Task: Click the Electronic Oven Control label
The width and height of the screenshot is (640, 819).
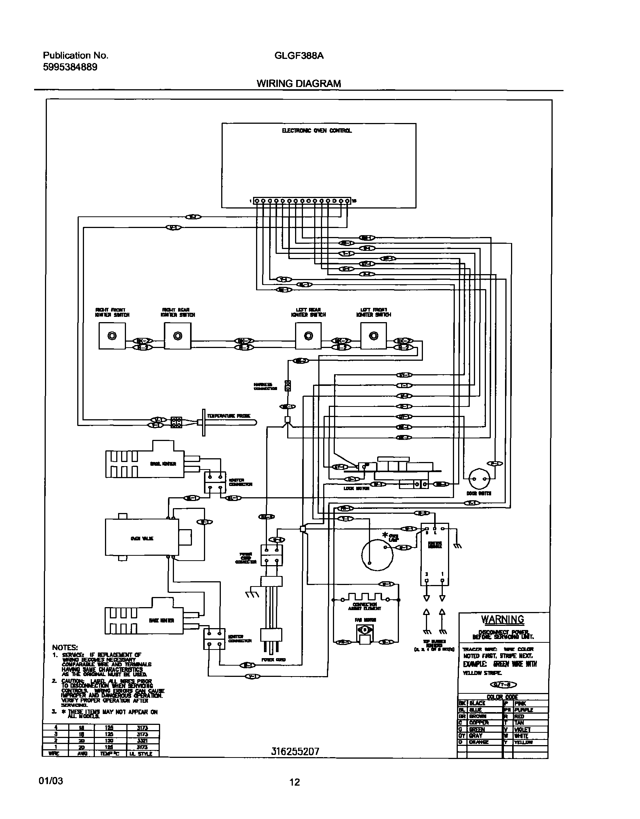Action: click(x=316, y=131)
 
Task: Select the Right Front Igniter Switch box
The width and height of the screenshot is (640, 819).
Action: click(x=112, y=336)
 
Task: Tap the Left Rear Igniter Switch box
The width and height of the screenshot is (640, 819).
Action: click(x=308, y=336)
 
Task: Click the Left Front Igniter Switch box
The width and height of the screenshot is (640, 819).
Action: click(x=373, y=336)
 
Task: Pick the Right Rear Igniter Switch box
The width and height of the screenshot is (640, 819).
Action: click(x=177, y=336)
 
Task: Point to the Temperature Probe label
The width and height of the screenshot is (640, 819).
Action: click(x=229, y=416)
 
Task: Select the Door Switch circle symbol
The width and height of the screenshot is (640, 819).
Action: click(x=480, y=479)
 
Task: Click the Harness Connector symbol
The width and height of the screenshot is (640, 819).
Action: click(x=288, y=386)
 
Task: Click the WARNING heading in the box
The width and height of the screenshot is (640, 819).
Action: click(x=502, y=619)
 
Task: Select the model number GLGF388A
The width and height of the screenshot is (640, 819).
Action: click(x=299, y=56)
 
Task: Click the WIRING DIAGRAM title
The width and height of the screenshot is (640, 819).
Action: click(x=299, y=84)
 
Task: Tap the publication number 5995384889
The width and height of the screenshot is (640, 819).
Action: click(x=70, y=67)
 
